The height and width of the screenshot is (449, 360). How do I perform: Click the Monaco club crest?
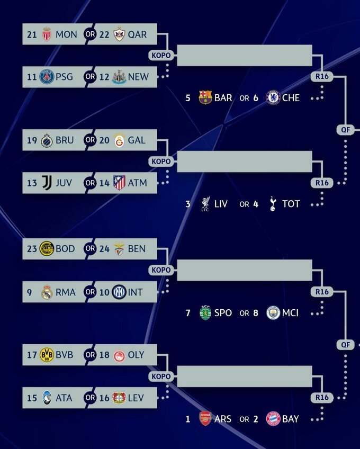(x=47, y=34)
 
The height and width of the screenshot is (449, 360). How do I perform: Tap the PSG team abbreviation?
(x=66, y=77)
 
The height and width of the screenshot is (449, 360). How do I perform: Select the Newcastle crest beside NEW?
(x=119, y=77)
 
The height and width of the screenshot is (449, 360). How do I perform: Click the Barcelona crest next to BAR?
(x=205, y=98)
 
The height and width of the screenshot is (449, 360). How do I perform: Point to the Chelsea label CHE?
(x=291, y=98)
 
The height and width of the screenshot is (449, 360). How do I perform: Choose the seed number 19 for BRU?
(x=32, y=140)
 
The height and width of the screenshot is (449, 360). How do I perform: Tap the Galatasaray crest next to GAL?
(x=119, y=140)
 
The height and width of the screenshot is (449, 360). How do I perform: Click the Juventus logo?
(x=47, y=183)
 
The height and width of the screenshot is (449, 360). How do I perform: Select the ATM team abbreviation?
(x=137, y=183)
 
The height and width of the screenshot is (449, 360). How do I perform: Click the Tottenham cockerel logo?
(x=273, y=204)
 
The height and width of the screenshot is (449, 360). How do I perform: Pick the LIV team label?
(x=221, y=204)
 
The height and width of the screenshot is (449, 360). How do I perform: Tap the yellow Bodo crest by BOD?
(x=47, y=249)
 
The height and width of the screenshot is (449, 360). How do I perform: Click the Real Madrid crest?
(x=47, y=292)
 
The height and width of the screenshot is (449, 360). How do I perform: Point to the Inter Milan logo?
(x=119, y=292)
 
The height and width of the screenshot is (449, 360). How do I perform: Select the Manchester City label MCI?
(x=291, y=313)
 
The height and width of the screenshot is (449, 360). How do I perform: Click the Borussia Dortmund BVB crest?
(x=47, y=355)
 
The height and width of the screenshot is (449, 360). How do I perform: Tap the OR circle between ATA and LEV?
(x=90, y=398)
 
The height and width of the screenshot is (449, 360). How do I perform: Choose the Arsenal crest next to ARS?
(x=205, y=419)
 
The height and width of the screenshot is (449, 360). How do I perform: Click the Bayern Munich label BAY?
(x=291, y=419)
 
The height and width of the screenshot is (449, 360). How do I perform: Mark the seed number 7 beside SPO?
(x=188, y=313)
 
